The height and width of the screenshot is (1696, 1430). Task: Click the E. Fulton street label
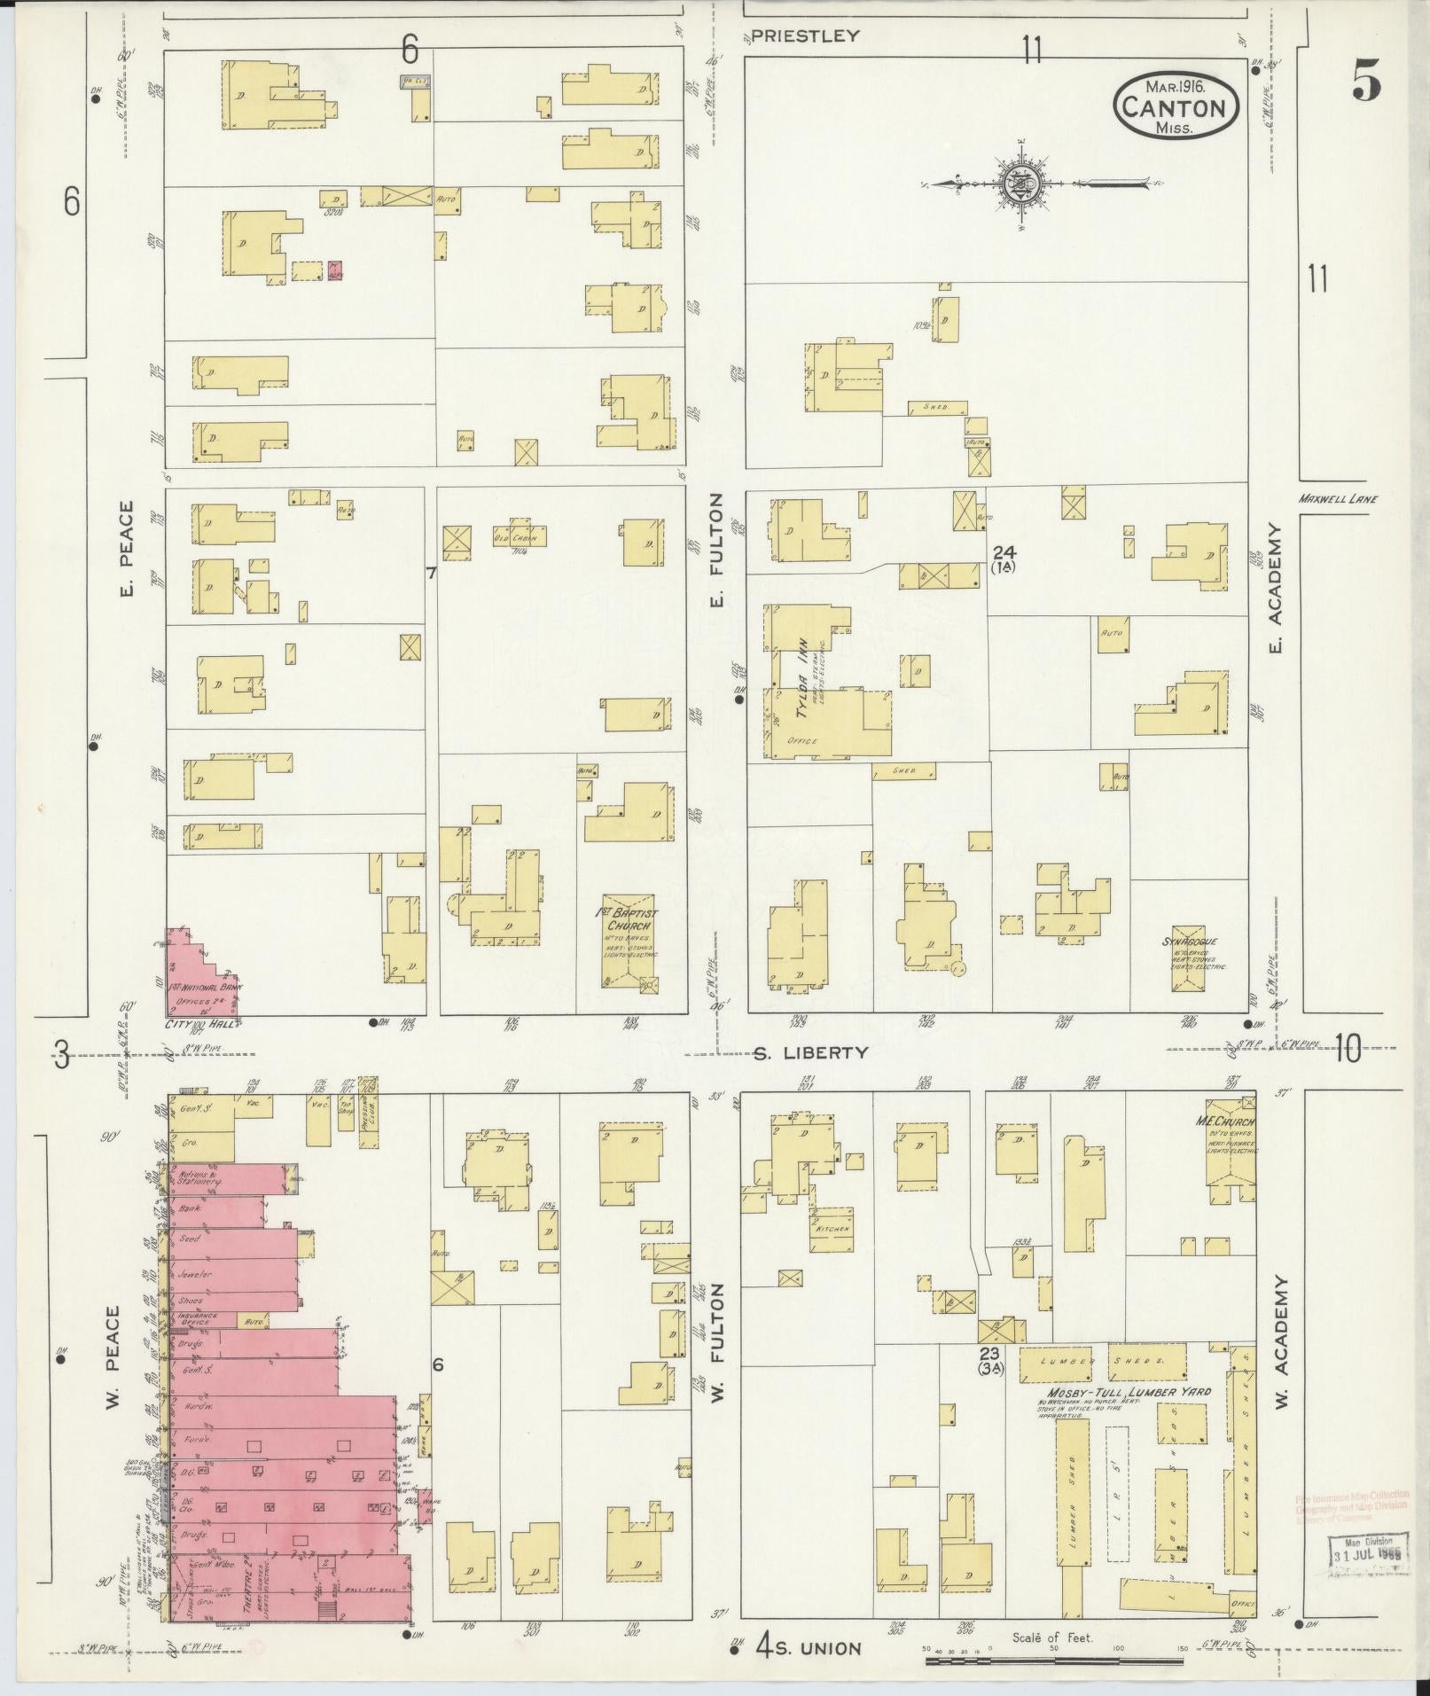point(716,550)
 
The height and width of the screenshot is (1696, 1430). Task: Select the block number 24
point(1004,551)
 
